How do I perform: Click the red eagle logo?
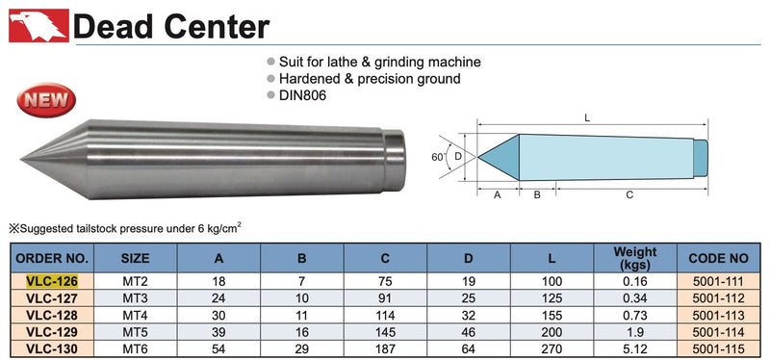point(38,25)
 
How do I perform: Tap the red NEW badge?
point(46,100)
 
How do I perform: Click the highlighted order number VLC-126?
point(52,281)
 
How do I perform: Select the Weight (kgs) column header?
point(635,258)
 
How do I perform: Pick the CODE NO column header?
point(718,258)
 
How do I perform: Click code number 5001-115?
point(718,349)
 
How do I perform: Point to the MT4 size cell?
point(135,316)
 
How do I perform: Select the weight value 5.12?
point(635,349)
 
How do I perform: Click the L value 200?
point(552,332)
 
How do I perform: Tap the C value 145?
point(385,332)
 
